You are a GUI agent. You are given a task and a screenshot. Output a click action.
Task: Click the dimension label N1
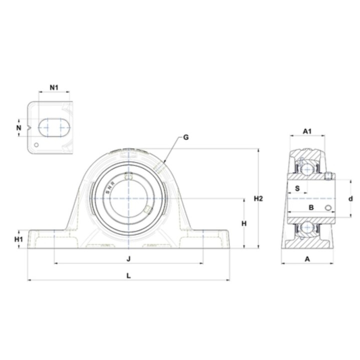pyautogui.click(x=54, y=87)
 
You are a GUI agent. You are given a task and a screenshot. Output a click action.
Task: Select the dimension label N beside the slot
pyautogui.click(x=19, y=127)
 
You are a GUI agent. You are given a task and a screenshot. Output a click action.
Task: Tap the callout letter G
pyautogui.click(x=186, y=137)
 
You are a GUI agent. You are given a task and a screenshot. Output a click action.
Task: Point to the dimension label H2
pyautogui.click(x=258, y=198)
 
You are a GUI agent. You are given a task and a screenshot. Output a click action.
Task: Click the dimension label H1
pyautogui.click(x=19, y=239)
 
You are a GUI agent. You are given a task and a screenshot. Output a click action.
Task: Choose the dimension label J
pyautogui.click(x=129, y=259)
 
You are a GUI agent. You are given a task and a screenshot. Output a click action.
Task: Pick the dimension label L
pyautogui.click(x=129, y=275)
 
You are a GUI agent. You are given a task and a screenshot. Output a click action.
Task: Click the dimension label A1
pyautogui.click(x=307, y=131)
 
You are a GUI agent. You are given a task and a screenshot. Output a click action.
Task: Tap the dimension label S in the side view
pyautogui.click(x=297, y=188)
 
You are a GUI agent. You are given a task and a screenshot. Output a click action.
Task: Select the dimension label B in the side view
pyautogui.click(x=311, y=207)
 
